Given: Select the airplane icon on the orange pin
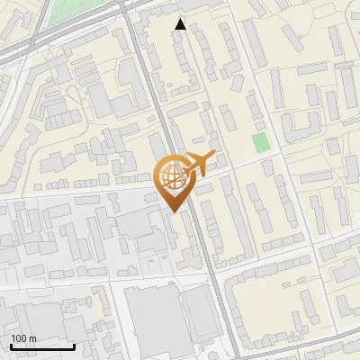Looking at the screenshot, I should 195,164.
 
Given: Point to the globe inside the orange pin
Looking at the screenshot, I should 172,177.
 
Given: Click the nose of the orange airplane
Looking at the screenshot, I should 212,156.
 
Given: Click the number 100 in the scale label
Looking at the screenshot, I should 20,338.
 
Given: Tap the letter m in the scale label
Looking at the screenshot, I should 33,338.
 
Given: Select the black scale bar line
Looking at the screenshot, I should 42,346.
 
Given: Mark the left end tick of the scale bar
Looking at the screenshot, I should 11,346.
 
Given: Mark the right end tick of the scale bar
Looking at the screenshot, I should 74,346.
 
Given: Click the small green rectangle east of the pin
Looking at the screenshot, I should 260,142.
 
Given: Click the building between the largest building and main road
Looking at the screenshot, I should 195,315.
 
